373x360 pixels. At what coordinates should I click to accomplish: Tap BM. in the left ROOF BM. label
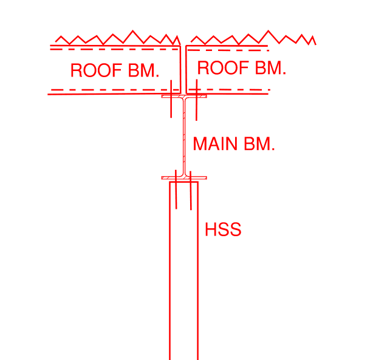[144, 70]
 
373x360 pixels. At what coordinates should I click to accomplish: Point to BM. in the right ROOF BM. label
[270, 68]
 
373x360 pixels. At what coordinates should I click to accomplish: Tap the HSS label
[223, 230]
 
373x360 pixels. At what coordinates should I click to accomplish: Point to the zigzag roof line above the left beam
[115, 38]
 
